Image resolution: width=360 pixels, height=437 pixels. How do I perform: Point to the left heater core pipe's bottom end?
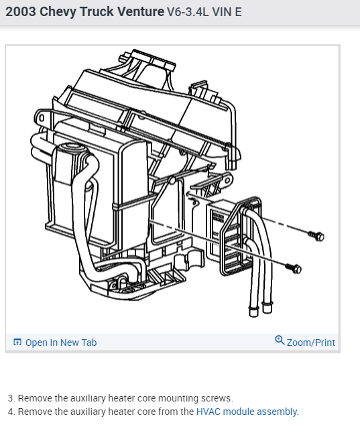(x=253, y=311)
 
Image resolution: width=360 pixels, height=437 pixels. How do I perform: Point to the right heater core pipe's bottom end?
(x=267, y=309)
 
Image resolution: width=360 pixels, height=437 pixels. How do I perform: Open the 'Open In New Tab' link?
(x=61, y=342)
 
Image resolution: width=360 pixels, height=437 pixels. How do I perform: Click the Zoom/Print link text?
(x=310, y=342)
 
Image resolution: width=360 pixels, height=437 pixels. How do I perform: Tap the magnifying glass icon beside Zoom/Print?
(x=280, y=340)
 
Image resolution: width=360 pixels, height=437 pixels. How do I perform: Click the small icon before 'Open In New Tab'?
(x=17, y=342)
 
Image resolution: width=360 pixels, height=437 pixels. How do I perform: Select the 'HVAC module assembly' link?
(x=247, y=412)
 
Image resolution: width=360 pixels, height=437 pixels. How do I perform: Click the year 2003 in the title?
(x=21, y=12)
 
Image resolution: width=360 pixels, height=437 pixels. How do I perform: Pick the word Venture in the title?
(x=140, y=12)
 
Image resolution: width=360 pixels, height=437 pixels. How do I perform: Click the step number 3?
(x=11, y=398)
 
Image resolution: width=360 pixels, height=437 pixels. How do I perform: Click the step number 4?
(x=11, y=412)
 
